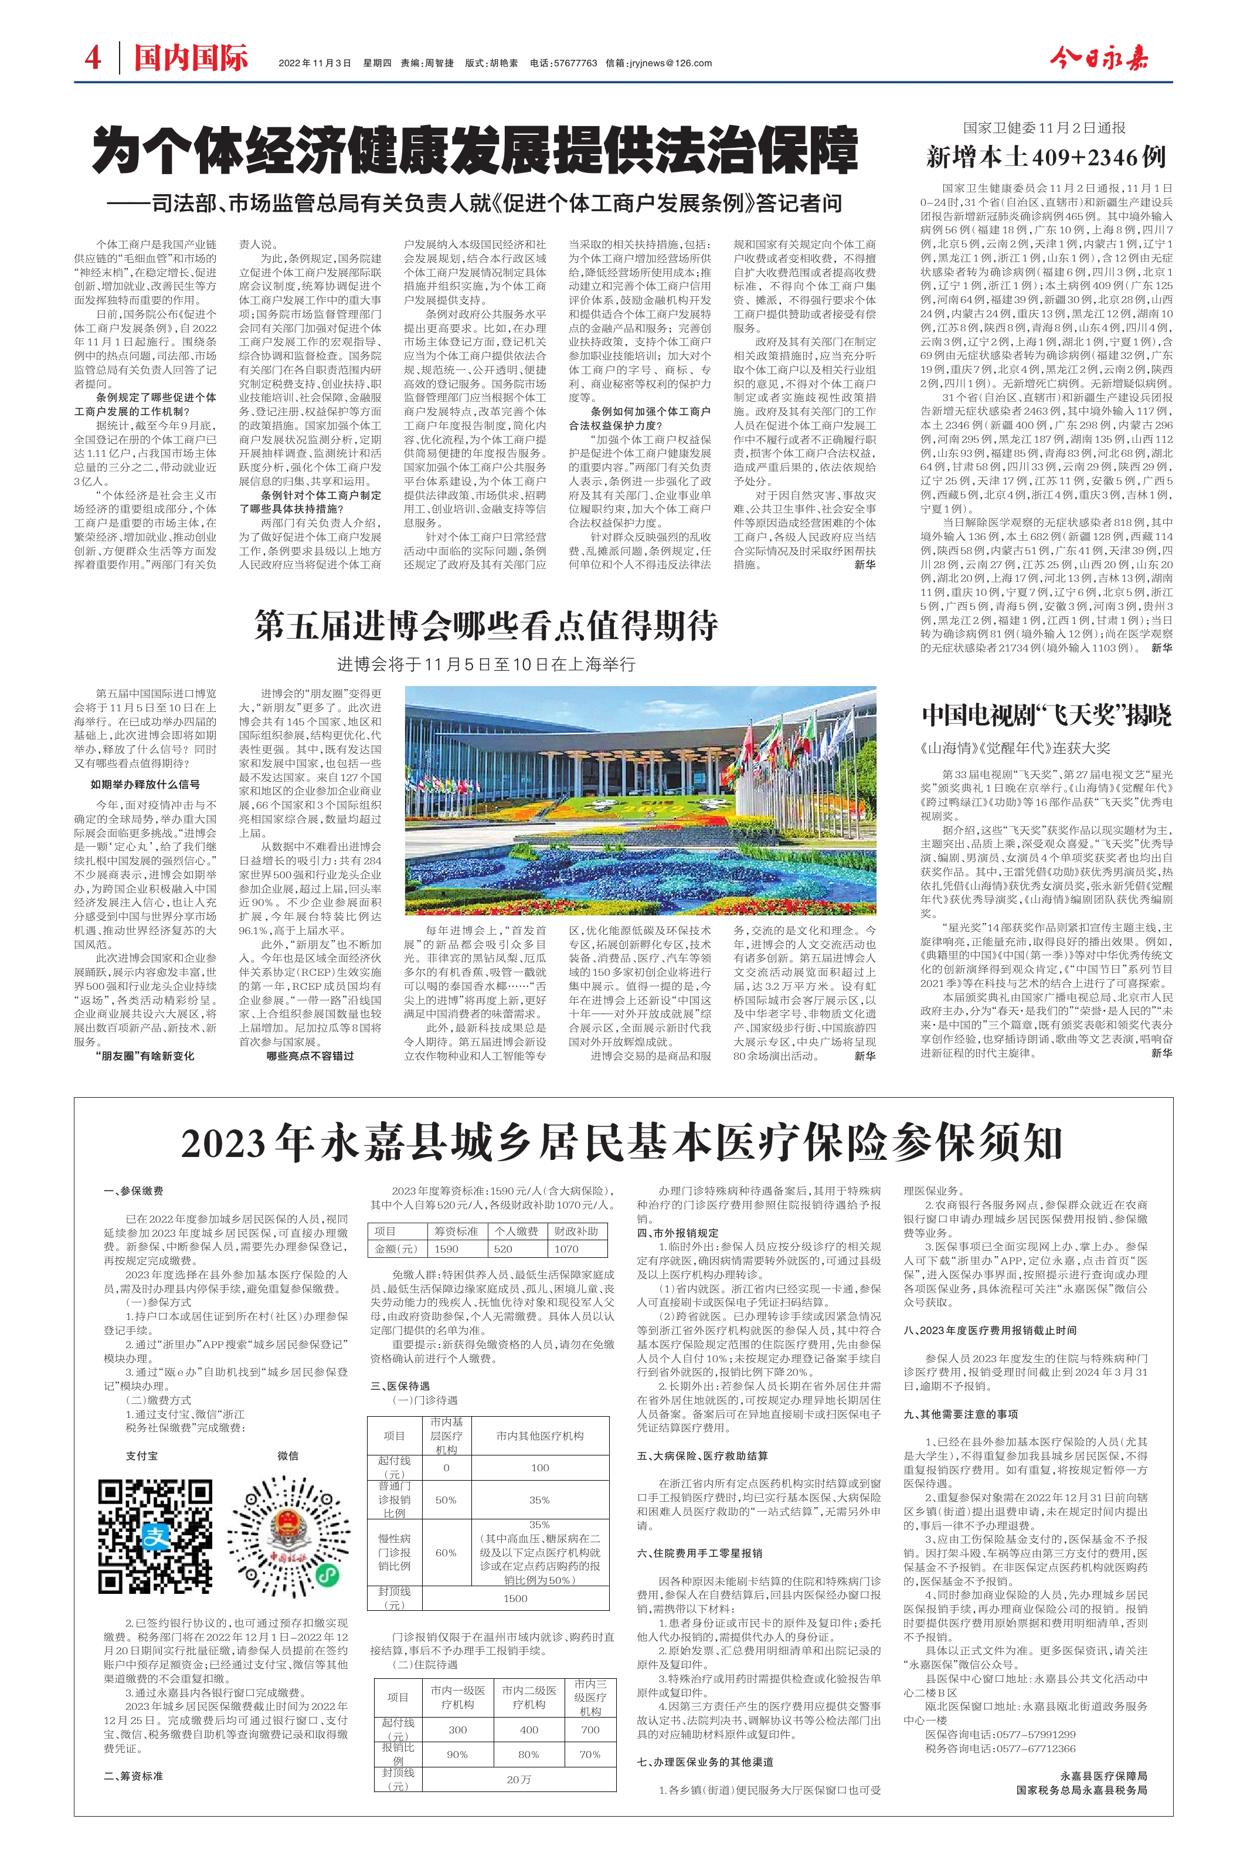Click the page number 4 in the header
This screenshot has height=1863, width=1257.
[93, 59]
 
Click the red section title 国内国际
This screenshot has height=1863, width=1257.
[191, 59]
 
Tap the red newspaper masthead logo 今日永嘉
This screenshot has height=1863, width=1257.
[1099, 59]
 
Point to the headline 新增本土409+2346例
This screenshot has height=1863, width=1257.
[1045, 157]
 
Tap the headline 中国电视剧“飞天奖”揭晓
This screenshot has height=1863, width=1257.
[1046, 714]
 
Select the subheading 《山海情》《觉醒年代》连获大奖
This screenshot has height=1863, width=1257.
[1015, 747]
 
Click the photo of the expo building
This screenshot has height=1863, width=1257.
[640, 800]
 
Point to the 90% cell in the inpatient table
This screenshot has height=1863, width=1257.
[457, 1755]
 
